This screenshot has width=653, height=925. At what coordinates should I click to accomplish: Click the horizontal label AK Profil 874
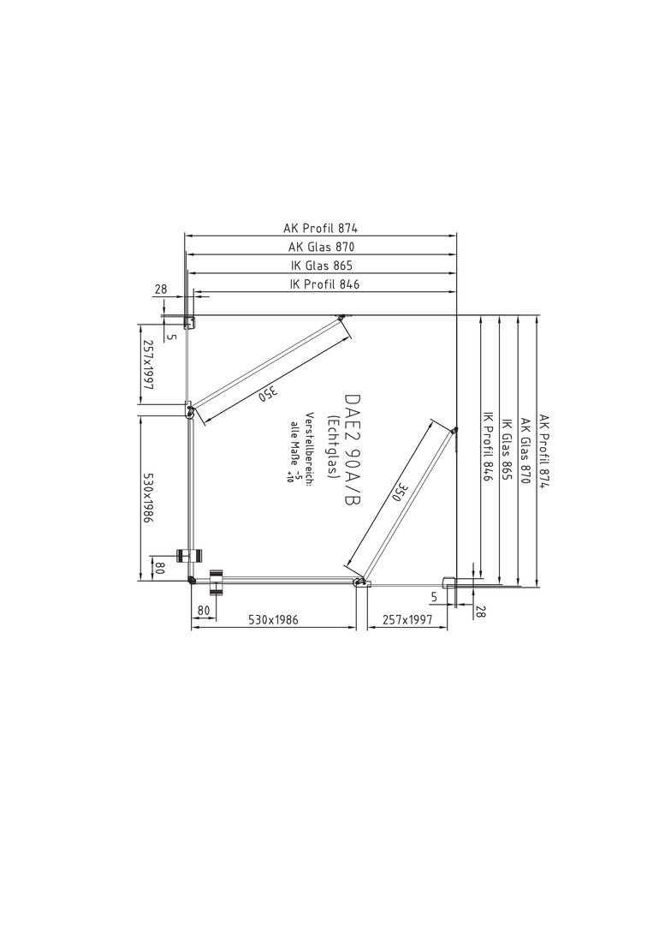pos(321,227)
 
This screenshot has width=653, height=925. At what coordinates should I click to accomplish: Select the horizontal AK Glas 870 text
pos(322,247)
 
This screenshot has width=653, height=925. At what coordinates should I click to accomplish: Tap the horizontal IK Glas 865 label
pos(321,266)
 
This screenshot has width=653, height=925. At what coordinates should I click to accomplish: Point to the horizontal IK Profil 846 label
pos(324,284)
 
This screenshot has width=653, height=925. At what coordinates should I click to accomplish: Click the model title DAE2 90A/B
pos(351,451)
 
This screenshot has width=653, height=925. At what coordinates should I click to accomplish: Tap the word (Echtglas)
pos(332,446)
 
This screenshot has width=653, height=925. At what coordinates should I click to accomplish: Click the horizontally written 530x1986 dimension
pos(274,620)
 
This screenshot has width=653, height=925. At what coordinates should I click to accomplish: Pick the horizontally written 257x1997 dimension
pos(407,620)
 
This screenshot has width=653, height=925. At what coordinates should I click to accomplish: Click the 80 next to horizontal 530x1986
pos(204,611)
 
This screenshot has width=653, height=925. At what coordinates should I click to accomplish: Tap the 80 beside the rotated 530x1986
pos(158,569)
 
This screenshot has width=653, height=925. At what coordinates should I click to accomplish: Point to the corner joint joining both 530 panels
pos(191,579)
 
